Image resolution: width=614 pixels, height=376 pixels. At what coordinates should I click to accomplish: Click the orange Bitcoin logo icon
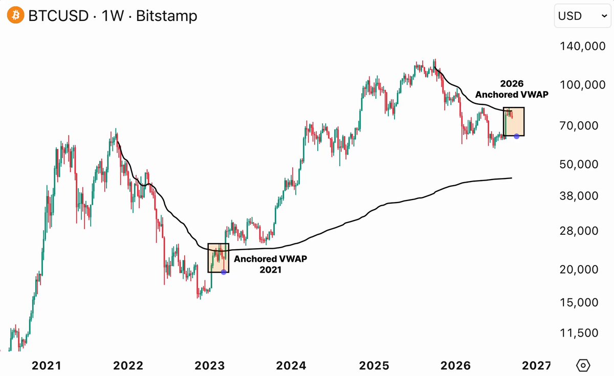[x=16, y=15]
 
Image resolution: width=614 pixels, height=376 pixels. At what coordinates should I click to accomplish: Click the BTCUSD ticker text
[x=58, y=16]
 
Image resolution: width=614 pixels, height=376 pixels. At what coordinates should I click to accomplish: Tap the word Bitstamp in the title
[x=167, y=16]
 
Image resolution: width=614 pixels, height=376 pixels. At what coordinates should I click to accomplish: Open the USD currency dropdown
[x=582, y=16]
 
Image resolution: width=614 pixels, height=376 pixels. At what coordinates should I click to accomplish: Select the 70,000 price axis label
[x=579, y=125]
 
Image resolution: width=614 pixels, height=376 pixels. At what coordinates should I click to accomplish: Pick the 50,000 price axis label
[x=579, y=164]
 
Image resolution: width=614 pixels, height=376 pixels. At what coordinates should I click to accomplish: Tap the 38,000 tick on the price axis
[x=579, y=195]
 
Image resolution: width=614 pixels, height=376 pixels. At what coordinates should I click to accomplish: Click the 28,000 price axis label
[x=579, y=231]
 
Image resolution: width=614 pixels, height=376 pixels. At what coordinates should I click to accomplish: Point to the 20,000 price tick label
[x=579, y=270]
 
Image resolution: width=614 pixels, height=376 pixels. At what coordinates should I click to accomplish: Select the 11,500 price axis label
[x=579, y=333]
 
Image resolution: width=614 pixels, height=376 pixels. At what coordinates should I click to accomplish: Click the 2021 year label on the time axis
[x=47, y=365]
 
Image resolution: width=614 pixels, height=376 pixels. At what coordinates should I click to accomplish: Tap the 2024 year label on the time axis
[x=291, y=365]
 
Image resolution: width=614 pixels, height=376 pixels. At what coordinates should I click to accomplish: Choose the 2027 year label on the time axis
[x=536, y=365]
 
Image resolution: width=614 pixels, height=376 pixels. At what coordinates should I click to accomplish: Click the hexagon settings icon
[x=583, y=365]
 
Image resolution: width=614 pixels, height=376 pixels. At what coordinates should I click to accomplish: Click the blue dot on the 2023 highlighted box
[x=224, y=272]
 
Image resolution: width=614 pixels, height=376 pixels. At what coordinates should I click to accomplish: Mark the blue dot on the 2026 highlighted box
[x=516, y=136]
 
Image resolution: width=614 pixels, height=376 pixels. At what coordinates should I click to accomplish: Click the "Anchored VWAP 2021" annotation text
[x=270, y=264]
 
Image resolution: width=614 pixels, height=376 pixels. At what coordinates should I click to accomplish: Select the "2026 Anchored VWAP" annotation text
[x=512, y=89]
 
